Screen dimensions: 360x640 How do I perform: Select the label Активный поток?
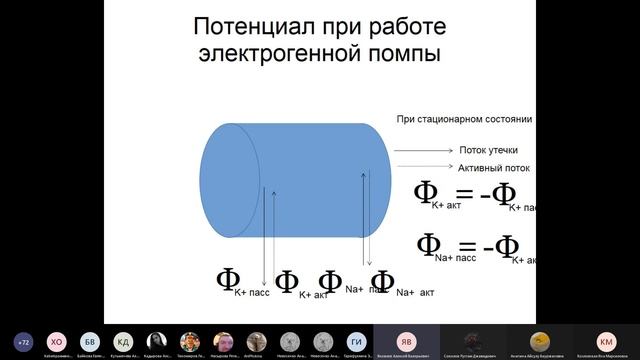tap(493, 168)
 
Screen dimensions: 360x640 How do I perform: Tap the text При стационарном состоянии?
tap(464, 119)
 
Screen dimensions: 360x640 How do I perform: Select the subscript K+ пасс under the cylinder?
tap(252, 292)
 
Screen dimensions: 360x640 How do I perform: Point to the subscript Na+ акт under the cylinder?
tap(415, 292)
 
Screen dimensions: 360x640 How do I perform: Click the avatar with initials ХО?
tap(56, 340)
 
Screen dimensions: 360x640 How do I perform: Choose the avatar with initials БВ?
tap(90, 340)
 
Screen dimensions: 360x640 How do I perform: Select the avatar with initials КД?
tap(123, 340)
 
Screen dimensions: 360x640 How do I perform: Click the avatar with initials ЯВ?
tap(406, 340)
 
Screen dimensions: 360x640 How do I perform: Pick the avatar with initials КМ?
tap(606, 340)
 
